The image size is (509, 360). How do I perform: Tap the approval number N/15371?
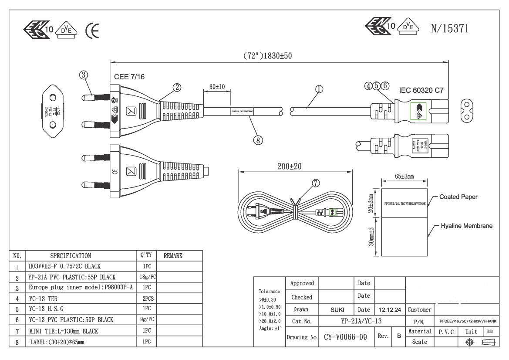(449, 29)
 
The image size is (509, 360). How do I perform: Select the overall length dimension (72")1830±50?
(267, 56)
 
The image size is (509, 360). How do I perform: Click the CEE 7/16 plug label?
(129, 77)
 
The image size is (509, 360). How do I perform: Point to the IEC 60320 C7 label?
(421, 90)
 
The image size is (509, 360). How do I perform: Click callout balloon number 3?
(84, 75)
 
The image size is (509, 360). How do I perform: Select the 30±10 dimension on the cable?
(216, 87)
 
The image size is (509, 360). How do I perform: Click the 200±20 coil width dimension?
(290, 166)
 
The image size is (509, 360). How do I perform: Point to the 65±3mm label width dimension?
(404, 177)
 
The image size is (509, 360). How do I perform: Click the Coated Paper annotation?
(458, 197)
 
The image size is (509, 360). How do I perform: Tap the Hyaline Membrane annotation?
(466, 226)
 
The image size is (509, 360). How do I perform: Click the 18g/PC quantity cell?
(147, 277)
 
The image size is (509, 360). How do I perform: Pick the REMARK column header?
(173, 256)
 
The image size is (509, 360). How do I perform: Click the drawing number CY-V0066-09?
(345, 337)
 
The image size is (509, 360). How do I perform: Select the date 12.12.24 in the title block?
(390, 310)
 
